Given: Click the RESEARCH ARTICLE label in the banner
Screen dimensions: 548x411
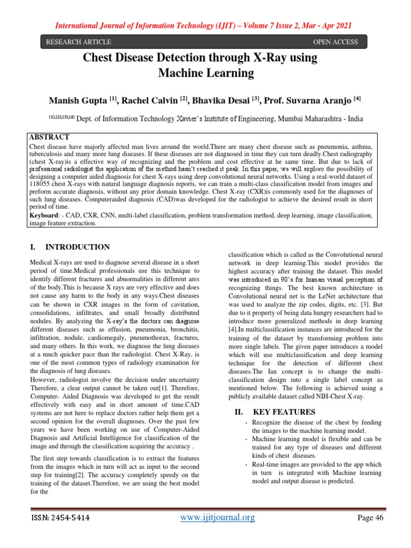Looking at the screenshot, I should (78, 42).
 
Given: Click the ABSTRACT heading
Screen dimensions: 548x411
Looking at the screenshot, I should (50, 136).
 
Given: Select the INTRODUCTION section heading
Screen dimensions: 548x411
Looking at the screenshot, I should (78, 247).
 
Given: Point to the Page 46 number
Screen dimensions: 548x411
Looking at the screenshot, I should (370, 517).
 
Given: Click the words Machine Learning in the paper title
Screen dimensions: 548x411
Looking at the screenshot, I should (205, 73).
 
